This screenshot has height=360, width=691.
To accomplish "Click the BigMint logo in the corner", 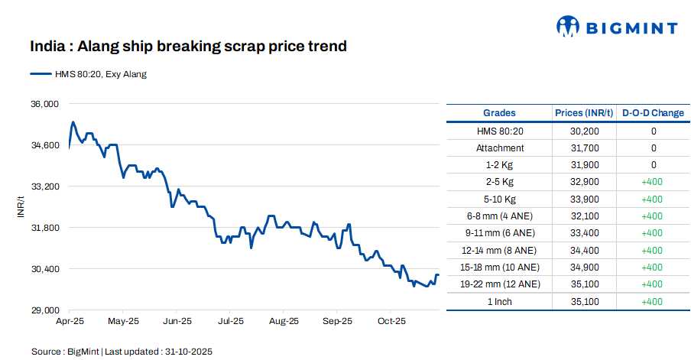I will [x=616, y=28].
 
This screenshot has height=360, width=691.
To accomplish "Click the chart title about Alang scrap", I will [x=189, y=47].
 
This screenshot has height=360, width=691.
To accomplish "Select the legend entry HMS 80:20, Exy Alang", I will [x=89, y=74].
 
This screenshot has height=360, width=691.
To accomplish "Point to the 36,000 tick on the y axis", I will [x=44, y=104].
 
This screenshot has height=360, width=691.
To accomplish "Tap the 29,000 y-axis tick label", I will [x=44, y=310].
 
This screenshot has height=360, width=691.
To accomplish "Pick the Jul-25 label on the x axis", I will [x=231, y=322].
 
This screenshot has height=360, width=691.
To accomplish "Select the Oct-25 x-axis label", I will [x=391, y=322].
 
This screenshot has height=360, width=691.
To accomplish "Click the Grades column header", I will [x=499, y=113].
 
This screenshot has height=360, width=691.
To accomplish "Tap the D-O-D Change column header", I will [x=653, y=113].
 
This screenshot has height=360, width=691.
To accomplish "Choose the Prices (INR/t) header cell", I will [x=584, y=113].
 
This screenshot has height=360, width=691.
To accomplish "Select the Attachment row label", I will [x=500, y=148].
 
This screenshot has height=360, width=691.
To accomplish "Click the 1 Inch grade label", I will [x=500, y=301].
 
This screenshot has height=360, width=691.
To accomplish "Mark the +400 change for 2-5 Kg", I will [x=653, y=182].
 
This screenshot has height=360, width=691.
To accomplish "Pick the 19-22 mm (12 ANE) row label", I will [x=500, y=284].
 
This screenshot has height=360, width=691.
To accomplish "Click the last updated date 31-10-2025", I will [x=187, y=352].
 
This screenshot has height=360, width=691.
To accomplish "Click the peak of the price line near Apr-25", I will [x=73, y=122].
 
